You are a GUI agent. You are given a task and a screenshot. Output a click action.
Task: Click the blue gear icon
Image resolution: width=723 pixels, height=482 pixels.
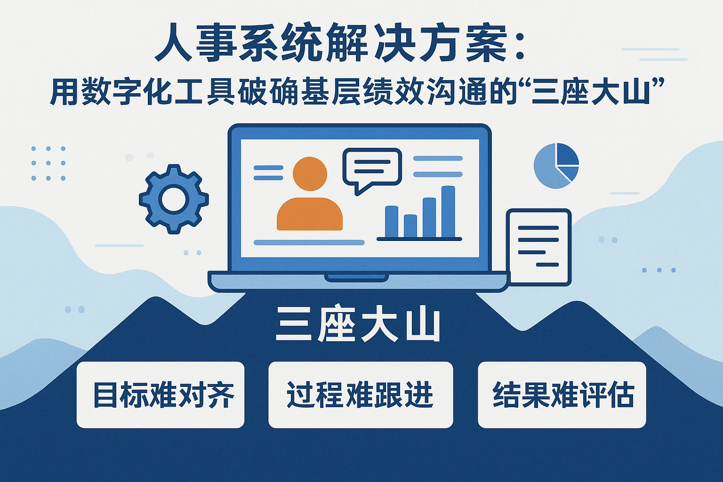174,199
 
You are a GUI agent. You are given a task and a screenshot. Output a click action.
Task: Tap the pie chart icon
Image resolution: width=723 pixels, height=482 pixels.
556,166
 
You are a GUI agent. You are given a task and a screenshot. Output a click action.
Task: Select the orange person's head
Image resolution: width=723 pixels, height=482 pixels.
310,174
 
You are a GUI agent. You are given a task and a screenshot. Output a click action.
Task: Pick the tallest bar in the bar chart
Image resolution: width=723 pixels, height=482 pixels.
448,212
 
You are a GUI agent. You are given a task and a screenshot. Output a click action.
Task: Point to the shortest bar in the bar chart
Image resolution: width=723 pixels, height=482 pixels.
410,225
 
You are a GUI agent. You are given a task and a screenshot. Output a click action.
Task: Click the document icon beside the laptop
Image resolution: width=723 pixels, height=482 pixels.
538,247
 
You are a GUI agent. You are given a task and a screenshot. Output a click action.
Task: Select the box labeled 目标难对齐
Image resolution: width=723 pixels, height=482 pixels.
161,395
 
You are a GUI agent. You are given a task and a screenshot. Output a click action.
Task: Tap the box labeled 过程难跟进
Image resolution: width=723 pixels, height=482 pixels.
361,395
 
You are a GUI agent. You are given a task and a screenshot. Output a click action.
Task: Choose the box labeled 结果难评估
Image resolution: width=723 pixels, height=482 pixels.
562,395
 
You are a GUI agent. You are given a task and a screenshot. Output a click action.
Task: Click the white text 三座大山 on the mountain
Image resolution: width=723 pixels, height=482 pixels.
358,325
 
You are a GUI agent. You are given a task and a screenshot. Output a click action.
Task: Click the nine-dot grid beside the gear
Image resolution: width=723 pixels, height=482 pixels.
48,163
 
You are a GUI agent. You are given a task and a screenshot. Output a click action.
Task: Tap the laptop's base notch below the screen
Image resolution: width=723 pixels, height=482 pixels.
356,278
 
